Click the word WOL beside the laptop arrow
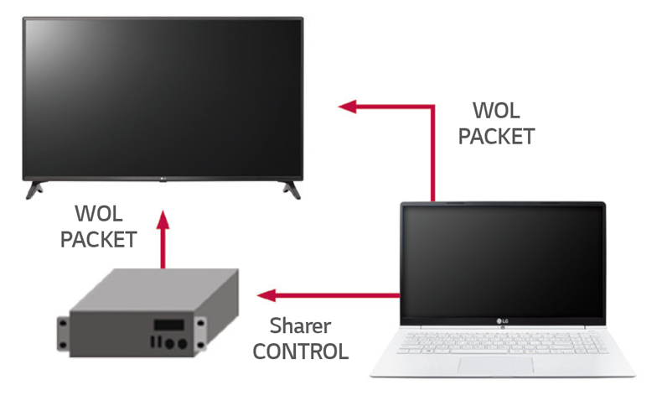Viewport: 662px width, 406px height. point(497,111)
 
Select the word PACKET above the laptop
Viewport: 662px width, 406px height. point(497,136)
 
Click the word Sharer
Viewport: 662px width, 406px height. point(300,325)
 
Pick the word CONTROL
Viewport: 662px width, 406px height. point(300,351)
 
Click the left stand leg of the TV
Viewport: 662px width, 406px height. point(34,188)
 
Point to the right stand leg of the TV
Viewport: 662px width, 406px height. point(289,188)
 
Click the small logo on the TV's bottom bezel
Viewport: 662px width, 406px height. point(163,178)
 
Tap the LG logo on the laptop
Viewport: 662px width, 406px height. point(504,319)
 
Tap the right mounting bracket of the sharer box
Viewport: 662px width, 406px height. point(204,328)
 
